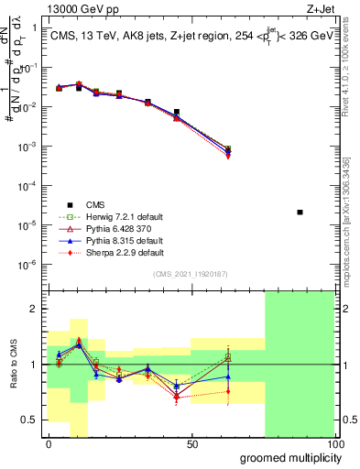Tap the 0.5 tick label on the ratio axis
coord(30,420)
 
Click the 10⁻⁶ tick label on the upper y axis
coord(28,265)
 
